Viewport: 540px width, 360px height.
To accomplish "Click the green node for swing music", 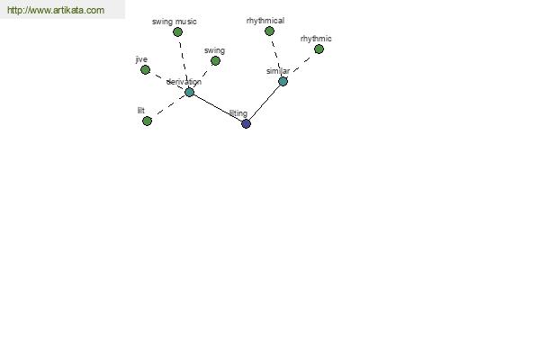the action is coord(177,32).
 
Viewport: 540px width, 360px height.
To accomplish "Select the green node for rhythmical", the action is coord(269,31).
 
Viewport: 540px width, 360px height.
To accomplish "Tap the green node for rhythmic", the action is coord(319,49).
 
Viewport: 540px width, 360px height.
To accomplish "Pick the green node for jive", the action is coord(145,70).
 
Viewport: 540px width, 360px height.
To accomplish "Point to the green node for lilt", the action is coord(147,121).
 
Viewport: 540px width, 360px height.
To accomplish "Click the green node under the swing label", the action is coord(215,61).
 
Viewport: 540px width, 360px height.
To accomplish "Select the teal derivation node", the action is coord(189,93).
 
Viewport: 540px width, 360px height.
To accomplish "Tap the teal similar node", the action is coord(283,82).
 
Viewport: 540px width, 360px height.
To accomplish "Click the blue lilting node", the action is coord(246,124).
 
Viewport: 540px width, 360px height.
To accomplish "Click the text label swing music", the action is coord(175,22).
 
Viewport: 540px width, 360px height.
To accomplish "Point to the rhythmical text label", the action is coord(265,21).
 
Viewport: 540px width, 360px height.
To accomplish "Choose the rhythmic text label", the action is coord(316,39).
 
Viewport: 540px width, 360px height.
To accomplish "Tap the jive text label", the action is coord(141,59).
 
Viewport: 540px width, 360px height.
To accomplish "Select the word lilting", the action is coord(238,113).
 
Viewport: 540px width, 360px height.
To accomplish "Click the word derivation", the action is coord(184,82).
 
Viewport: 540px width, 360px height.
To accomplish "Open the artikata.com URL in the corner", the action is coord(56,10).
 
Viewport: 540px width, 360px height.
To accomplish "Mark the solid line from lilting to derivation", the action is coord(218,108).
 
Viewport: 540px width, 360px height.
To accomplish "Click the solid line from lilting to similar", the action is coord(265,103).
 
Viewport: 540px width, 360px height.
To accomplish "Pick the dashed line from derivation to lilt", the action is coord(170,105).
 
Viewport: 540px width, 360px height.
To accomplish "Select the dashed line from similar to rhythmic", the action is coord(301,65).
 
